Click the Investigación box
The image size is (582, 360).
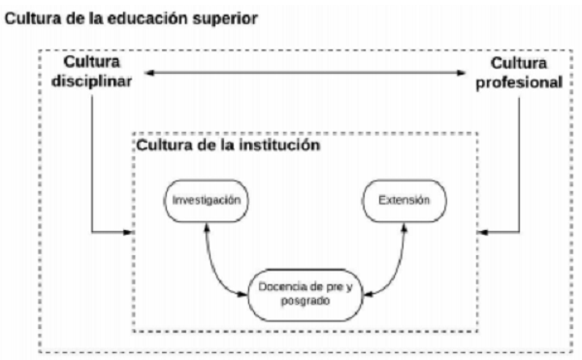coord(205,202)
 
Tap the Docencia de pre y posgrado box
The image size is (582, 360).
coord(304,293)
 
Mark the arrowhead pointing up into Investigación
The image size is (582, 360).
coord(205,224)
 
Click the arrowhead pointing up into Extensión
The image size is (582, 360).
coord(404,224)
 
